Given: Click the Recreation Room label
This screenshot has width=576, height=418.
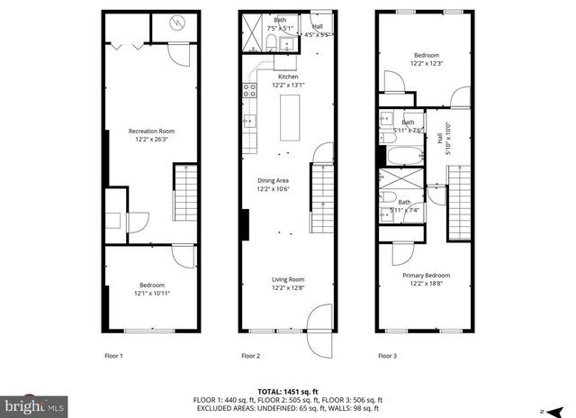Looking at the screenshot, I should pos(152,132).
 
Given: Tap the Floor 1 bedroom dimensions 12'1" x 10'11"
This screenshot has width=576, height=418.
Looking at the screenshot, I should pos(152,293).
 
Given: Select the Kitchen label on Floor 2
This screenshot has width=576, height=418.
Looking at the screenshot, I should pos(288,77).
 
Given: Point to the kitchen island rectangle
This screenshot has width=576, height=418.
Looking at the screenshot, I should pos(290,117).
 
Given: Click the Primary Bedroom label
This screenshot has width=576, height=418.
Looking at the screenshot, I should pos(426,275).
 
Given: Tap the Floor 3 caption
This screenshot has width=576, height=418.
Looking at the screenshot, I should pos(389,356).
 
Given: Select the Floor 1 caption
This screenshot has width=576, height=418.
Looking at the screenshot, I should pos(115,356).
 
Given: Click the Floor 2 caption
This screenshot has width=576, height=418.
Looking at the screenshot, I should pos(250,356).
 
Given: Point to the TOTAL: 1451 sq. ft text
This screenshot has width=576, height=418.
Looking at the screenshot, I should pos(288,391).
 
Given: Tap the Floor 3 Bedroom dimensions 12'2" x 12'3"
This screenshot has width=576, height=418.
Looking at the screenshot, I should pos(426,64).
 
